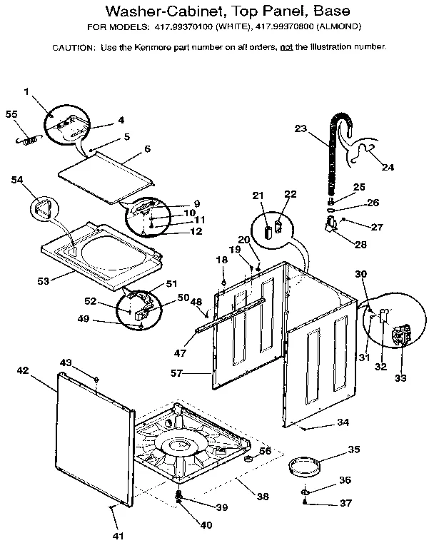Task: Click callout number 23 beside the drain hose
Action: (301, 129)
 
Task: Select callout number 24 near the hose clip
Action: (388, 168)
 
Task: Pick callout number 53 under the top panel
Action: (44, 281)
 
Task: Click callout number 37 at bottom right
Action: (345, 503)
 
